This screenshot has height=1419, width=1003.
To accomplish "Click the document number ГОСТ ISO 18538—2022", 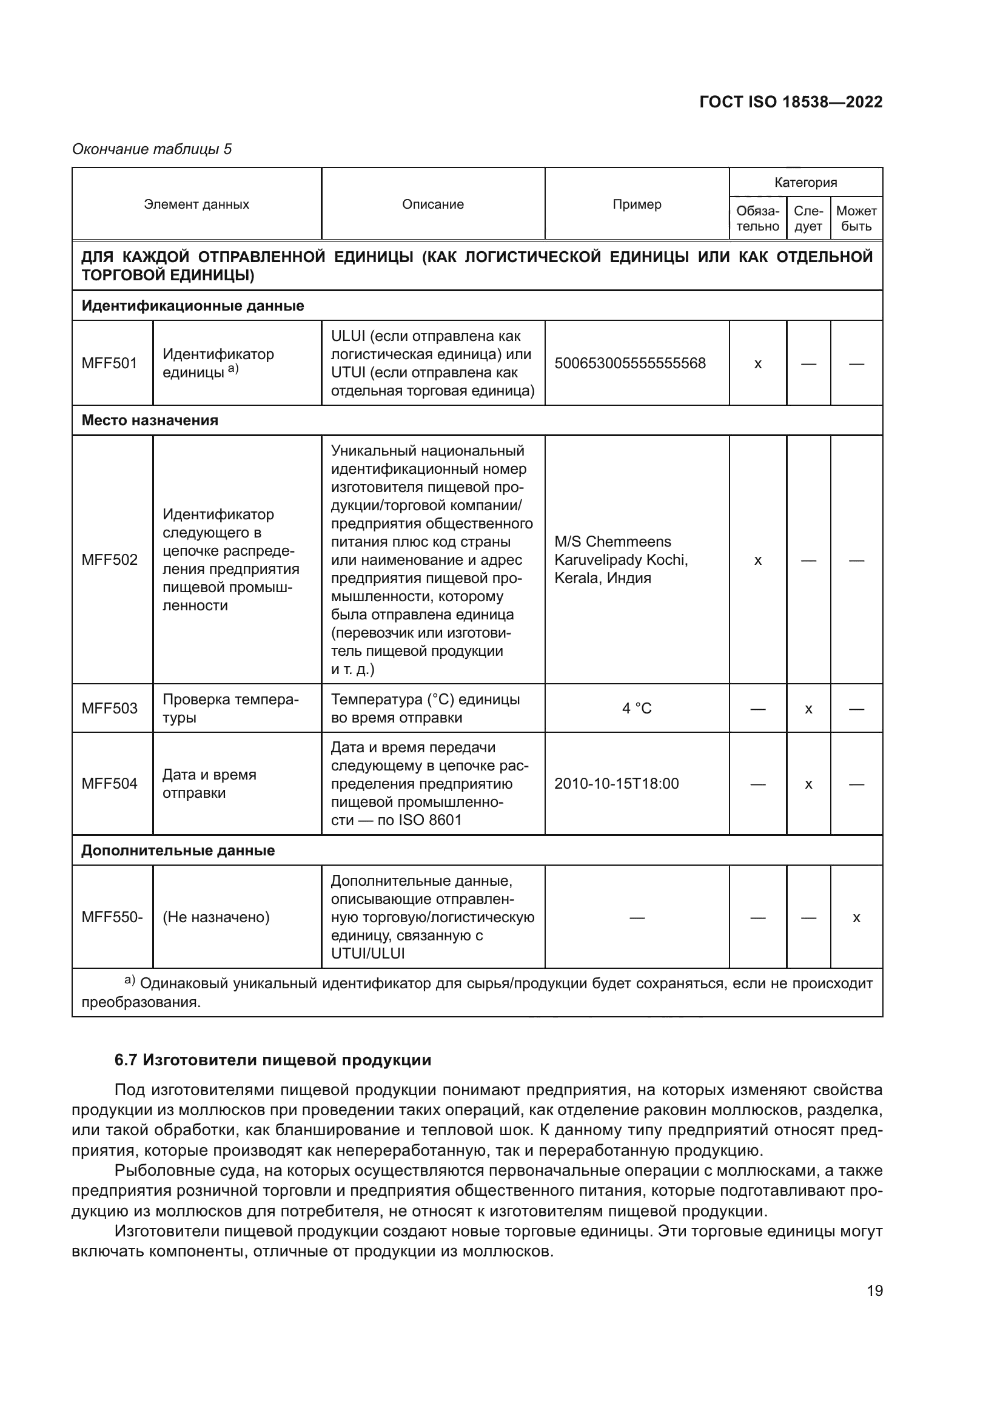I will pos(791,102).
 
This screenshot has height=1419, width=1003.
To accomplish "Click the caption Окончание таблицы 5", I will pos(152,149).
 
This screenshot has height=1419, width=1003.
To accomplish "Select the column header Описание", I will pos(432,204).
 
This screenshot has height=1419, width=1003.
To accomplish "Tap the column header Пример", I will pos(637,204).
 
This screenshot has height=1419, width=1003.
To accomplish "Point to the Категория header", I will pos(805,183).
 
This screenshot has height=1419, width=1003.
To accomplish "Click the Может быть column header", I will pos(856,219).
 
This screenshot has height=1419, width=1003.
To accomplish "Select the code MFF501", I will pos(109,363).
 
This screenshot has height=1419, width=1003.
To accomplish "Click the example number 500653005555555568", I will pos(630,363).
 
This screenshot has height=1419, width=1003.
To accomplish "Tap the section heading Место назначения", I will pos(150,420).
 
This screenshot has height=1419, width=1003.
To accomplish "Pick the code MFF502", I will pos(109,560).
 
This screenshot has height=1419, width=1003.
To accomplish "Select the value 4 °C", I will pos(637,708).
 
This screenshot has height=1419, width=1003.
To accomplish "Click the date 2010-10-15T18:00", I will pos(616,784).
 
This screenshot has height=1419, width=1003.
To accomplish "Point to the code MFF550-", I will pos(112,917).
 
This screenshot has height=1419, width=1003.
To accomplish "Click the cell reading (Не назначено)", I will pos(216,917).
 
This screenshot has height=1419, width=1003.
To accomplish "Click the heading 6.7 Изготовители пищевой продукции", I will pos(273,1060).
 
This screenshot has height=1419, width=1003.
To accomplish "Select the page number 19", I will pos(874,1290).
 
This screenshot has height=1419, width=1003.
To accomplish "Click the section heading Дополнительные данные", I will pos(178,851).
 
